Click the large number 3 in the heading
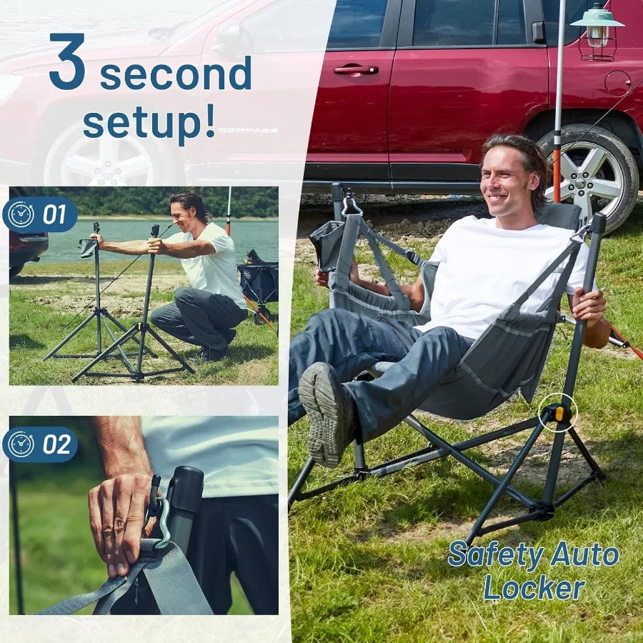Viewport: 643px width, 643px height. click(67, 62)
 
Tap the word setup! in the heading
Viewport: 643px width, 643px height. click(149, 122)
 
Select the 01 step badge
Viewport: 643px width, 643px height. click(41, 214)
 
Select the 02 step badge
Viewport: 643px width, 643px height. click(41, 444)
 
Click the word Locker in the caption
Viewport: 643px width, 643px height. click(534, 588)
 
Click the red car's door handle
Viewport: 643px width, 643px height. click(355, 69)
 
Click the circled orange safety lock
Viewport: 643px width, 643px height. click(558, 413)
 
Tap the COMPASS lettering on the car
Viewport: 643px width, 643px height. click(248, 131)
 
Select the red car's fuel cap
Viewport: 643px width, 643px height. click(617, 83)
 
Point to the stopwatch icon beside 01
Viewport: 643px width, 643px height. click(21, 214)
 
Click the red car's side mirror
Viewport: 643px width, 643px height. click(537, 31)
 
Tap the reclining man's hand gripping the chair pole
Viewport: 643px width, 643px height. click(589, 306)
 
